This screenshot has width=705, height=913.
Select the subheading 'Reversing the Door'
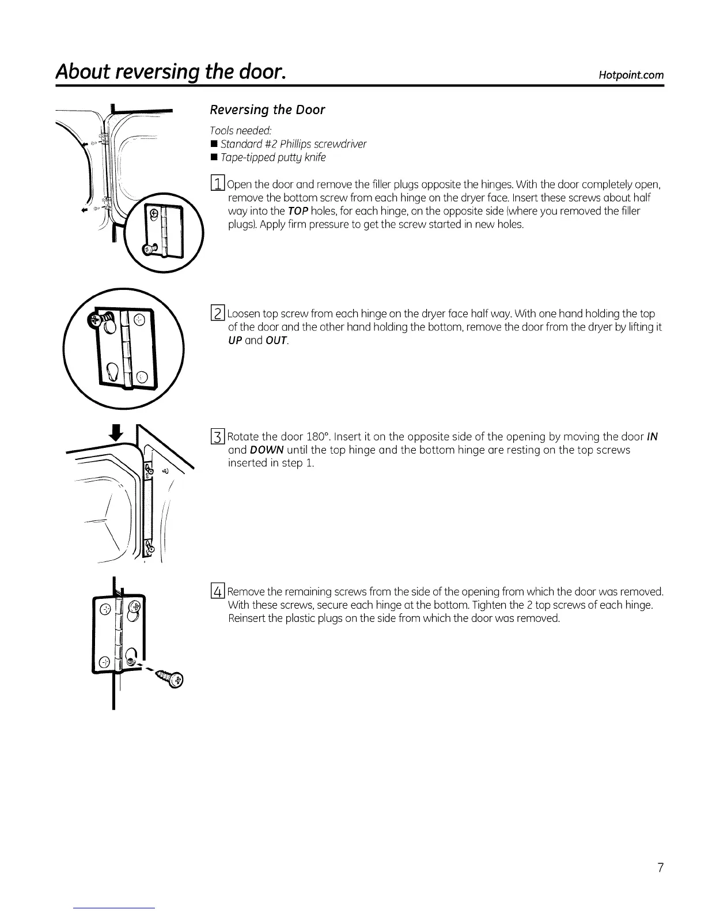(x=267, y=110)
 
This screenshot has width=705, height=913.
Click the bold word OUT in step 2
(x=276, y=341)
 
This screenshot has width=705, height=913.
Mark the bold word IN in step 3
(x=653, y=436)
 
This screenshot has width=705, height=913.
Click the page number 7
(x=660, y=867)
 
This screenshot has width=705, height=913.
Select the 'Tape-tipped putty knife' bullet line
(x=268, y=157)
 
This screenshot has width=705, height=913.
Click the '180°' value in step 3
(x=326, y=436)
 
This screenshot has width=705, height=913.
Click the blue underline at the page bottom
(x=115, y=908)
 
